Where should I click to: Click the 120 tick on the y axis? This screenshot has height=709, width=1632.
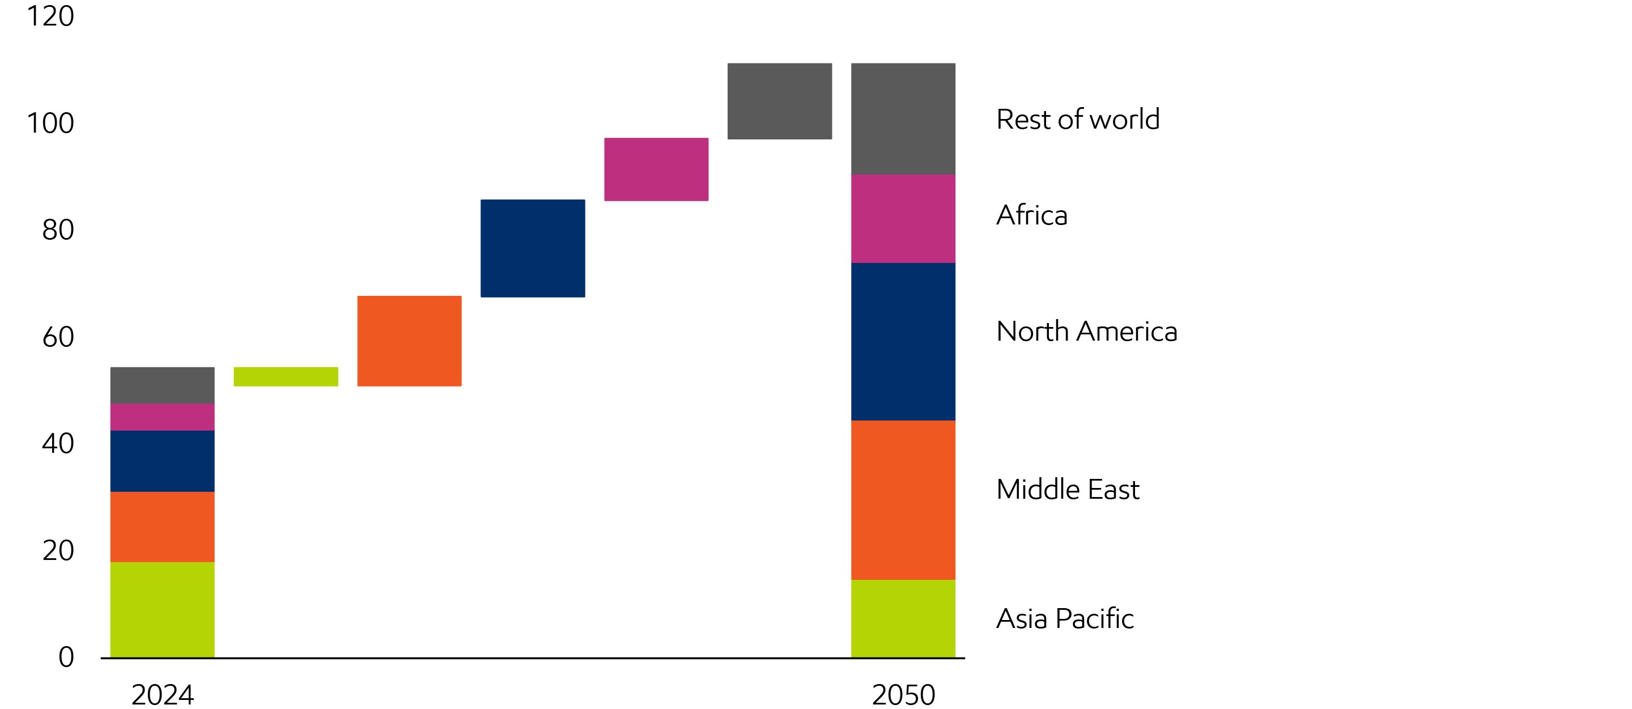(50, 16)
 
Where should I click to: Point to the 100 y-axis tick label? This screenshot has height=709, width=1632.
(50, 123)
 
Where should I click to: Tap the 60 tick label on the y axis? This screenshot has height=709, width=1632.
(58, 337)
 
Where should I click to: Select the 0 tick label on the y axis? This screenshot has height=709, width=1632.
(66, 657)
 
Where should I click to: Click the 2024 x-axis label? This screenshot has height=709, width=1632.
(162, 695)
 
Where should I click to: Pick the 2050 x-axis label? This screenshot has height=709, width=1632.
(903, 695)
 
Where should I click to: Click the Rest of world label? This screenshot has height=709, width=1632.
(1078, 119)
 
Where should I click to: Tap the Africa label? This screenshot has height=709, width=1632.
(1031, 215)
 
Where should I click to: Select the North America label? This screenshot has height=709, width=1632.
(1086, 332)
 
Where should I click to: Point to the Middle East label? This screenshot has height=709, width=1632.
(1068, 490)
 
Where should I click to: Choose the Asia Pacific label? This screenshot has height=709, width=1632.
(1065, 619)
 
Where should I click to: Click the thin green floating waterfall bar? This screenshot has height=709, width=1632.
(286, 376)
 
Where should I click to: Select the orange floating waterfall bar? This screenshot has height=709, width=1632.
(409, 341)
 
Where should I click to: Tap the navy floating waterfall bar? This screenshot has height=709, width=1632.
(533, 248)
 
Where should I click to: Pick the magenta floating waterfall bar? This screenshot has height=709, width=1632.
(656, 169)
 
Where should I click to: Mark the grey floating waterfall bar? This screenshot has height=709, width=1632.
(779, 101)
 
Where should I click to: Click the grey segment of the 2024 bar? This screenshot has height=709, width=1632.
(162, 385)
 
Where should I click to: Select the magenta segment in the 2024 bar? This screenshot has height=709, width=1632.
(162, 417)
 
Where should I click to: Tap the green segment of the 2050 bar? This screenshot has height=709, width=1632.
(903, 618)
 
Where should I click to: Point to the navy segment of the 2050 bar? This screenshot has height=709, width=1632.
(903, 342)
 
